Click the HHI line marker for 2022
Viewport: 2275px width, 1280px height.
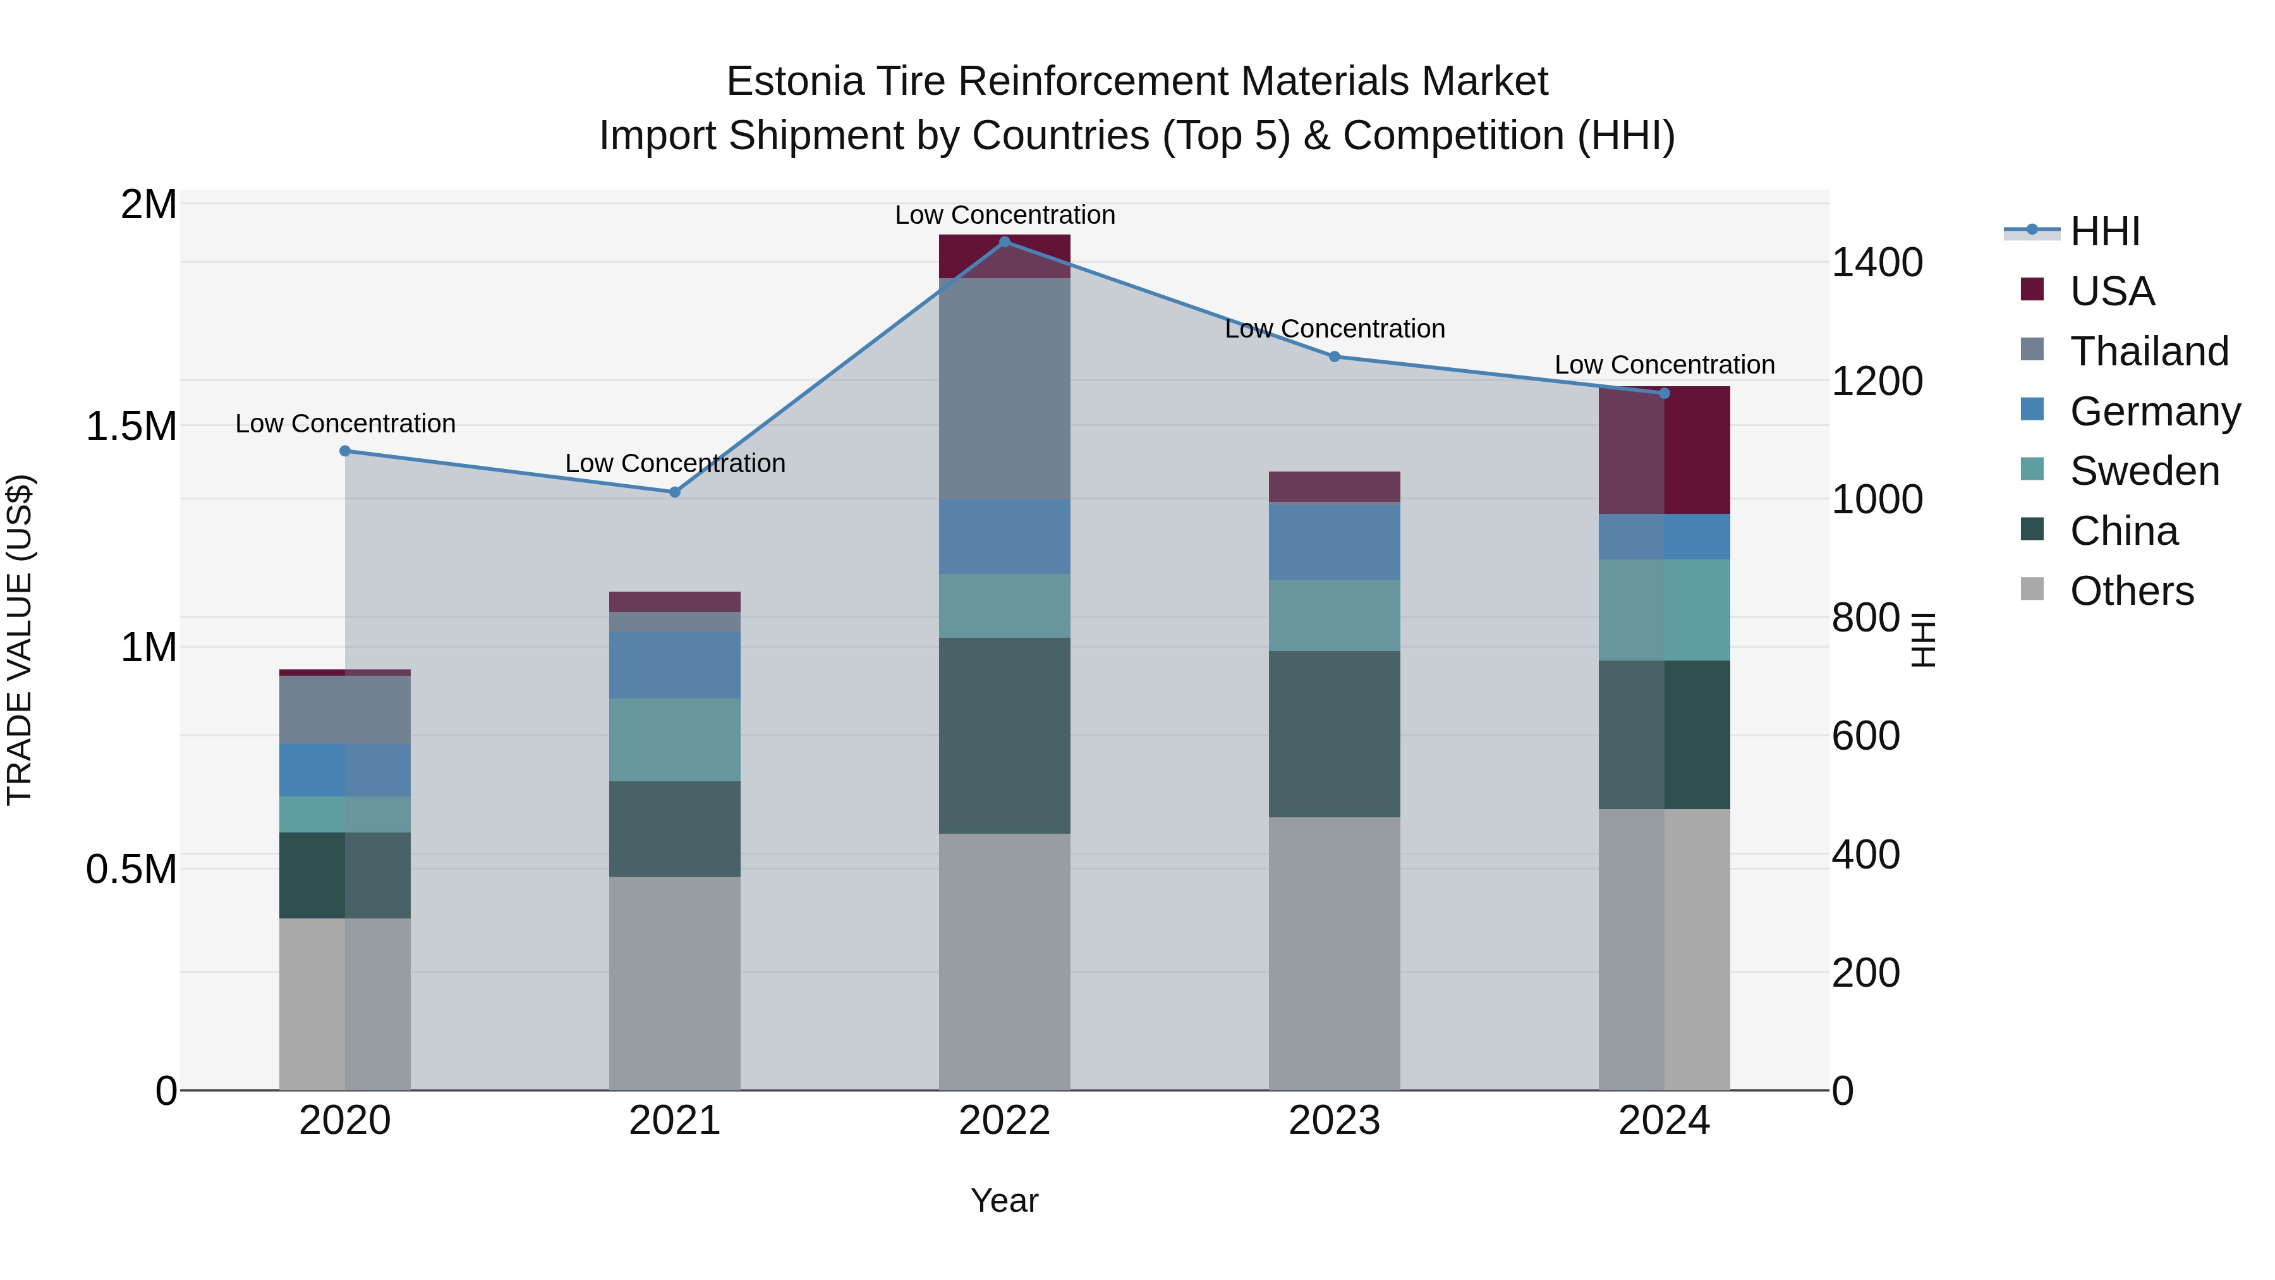[1004, 242]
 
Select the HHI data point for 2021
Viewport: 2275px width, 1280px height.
[675, 492]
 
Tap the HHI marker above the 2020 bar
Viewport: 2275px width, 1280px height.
[345, 451]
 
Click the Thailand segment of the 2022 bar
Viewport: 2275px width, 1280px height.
[1004, 389]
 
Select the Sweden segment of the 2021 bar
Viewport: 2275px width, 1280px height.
[675, 740]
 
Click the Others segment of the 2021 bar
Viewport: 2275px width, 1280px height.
[675, 982]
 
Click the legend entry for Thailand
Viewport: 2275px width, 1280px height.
[2149, 351]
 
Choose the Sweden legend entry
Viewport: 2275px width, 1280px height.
[2144, 471]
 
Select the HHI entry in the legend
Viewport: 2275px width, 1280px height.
[2104, 231]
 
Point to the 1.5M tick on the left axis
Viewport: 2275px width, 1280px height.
[131, 427]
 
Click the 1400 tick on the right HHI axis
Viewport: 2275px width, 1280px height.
[1877, 263]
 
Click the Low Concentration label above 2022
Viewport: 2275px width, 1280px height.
[1004, 216]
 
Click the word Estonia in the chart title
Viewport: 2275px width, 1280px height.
[795, 82]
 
